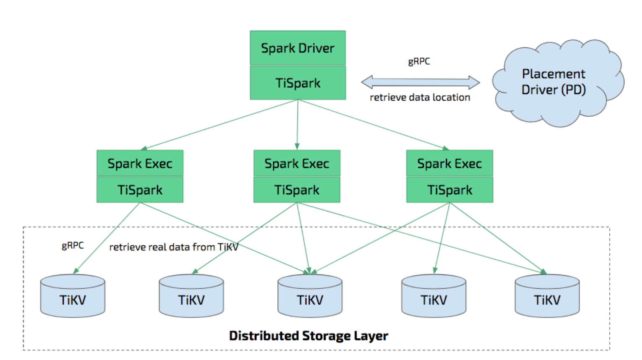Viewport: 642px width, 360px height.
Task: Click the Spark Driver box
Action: pyautogui.click(x=298, y=48)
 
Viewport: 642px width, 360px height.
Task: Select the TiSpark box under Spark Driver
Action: pyautogui.click(x=298, y=83)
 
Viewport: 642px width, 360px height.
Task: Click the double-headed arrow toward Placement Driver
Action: pyautogui.click(x=420, y=82)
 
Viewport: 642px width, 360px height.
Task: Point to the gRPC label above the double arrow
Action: pyautogui.click(x=419, y=62)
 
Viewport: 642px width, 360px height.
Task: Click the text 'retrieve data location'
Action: pyautogui.click(x=420, y=97)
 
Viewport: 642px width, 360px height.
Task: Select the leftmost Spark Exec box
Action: pyautogui.click(x=140, y=163)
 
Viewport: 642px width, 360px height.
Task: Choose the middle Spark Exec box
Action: pyautogui.click(x=297, y=163)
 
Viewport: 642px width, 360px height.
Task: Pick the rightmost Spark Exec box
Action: pyautogui.click(x=449, y=163)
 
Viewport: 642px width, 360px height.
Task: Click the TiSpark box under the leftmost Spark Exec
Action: pyautogui.click(x=140, y=190)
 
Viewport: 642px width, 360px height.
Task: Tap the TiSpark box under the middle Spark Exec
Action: pyautogui.click(x=297, y=190)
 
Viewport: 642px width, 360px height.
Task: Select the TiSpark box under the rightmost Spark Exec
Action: pyautogui.click(x=449, y=190)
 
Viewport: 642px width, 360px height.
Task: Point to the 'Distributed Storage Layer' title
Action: pyautogui.click(x=308, y=336)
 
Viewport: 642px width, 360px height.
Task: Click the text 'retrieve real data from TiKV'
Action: pyautogui.click(x=173, y=247)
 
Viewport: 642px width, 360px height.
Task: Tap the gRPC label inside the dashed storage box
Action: pyautogui.click(x=73, y=245)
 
